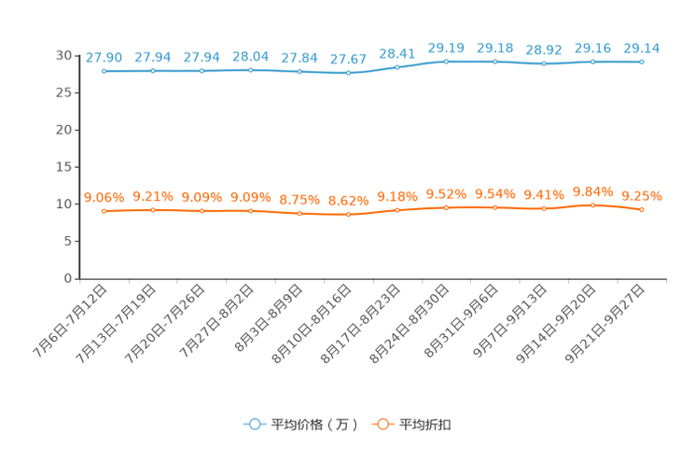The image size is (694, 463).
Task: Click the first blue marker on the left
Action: click(x=104, y=71)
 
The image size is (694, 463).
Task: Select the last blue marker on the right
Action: click(x=641, y=62)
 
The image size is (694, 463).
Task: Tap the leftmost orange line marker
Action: click(x=104, y=211)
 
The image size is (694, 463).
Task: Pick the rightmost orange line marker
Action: click(x=641, y=209)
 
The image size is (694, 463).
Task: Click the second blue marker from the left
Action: click(x=153, y=71)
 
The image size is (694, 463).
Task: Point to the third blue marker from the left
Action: click(x=201, y=71)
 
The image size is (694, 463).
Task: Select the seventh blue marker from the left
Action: click(x=397, y=67)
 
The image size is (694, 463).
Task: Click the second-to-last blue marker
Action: click(x=592, y=62)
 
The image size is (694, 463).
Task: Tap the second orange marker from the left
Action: click(x=153, y=210)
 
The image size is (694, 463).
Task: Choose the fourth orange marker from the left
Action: click(x=250, y=211)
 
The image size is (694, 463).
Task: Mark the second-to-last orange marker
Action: click(x=592, y=204)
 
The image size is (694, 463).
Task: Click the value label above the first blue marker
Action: click(x=104, y=57)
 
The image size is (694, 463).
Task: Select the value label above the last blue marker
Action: click(x=641, y=48)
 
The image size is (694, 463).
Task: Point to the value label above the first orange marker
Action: click(x=104, y=197)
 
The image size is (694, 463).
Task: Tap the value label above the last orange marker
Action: click(x=641, y=195)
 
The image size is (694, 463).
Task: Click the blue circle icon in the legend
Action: click(x=253, y=424)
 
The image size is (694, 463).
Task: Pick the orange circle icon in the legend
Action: click(x=381, y=424)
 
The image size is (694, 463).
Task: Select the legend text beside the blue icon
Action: click(x=313, y=425)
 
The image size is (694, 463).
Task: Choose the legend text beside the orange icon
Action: click(x=425, y=425)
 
